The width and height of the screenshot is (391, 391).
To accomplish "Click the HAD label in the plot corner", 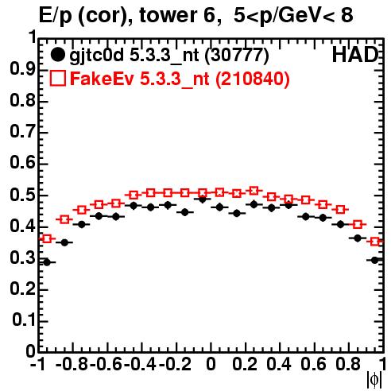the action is [x=355, y=55].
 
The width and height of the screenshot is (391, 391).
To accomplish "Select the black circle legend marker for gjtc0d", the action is [x=57, y=55].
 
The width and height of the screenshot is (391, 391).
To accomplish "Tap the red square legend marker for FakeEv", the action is [x=57, y=79].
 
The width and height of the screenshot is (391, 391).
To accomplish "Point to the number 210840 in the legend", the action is [x=252, y=79].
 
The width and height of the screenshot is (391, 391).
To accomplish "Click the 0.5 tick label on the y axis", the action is [x=22, y=195].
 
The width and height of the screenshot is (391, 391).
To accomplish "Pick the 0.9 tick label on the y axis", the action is [x=22, y=69].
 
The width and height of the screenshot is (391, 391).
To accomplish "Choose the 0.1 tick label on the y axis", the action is [x=23, y=320].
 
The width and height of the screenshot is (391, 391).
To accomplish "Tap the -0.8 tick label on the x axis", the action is [x=72, y=364].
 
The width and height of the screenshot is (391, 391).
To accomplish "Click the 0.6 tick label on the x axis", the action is [x=313, y=364].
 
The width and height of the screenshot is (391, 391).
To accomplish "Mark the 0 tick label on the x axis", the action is [x=211, y=364].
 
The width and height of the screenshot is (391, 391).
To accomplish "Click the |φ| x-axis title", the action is [x=374, y=380].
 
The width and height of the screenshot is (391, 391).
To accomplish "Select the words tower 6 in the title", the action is [x=180, y=15].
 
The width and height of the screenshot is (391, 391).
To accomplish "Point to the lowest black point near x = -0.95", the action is [x=47, y=262].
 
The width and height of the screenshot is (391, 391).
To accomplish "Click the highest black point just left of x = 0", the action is [x=203, y=199].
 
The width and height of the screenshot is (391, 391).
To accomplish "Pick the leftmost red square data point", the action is [x=47, y=238].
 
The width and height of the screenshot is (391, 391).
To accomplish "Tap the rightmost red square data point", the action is [x=375, y=242].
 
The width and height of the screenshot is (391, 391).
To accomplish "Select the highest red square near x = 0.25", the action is [x=254, y=191].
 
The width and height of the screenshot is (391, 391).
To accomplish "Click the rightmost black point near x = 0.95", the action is [x=374, y=261].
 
